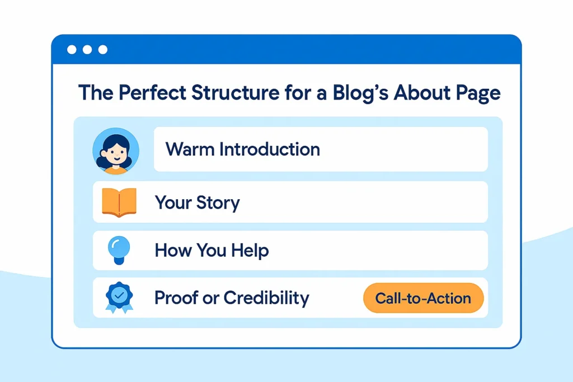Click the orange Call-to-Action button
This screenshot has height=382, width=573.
tap(423, 298)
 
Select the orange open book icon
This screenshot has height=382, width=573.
tap(119, 202)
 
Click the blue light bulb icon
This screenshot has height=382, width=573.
tap(118, 249)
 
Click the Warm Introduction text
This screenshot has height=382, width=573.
tap(243, 149)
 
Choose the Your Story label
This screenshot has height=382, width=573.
tap(197, 202)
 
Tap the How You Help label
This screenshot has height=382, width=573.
tap(212, 250)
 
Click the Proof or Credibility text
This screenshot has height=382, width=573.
tap(232, 298)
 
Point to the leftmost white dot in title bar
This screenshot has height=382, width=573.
tap(72, 50)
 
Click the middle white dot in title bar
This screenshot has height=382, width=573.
tap(87, 50)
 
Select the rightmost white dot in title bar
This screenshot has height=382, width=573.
tap(102, 50)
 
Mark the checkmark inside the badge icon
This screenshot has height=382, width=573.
tap(119, 294)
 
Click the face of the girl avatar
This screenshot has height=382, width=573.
tap(115, 152)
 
